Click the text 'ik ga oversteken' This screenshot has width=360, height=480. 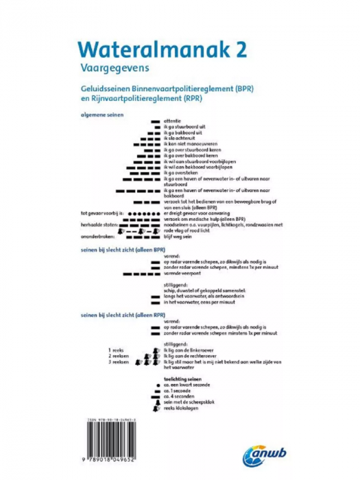pyautogui.click(x=183, y=173)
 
